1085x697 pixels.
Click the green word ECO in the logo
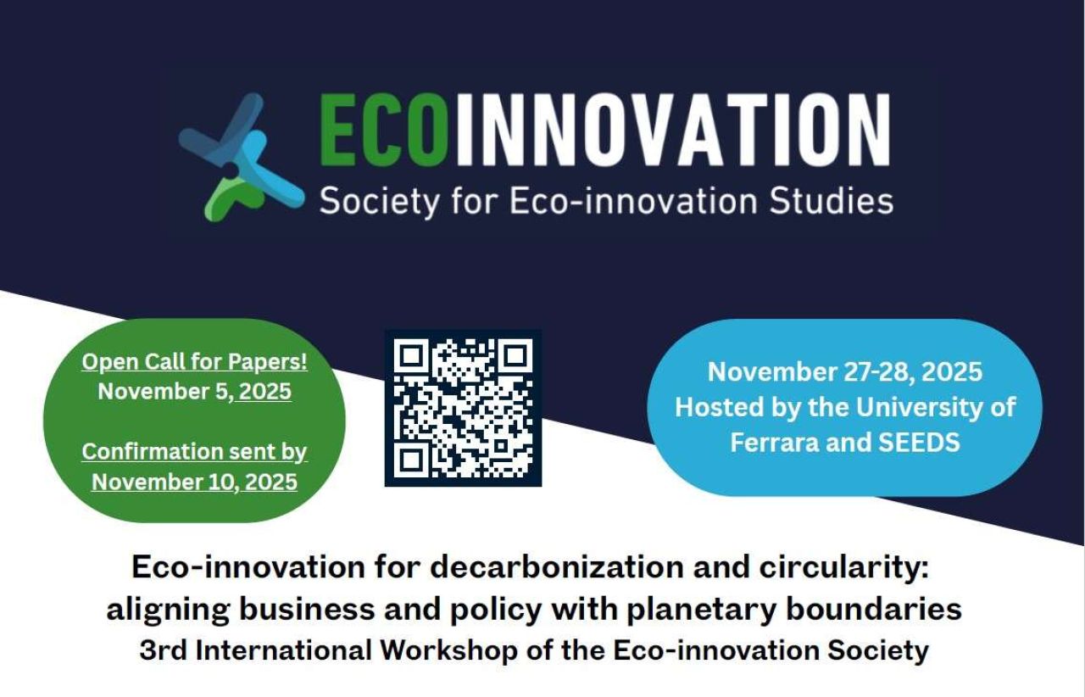(x=382, y=130)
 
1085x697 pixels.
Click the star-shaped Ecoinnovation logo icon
(x=242, y=158)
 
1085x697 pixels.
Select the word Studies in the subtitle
(x=832, y=201)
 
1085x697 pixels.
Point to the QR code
(x=463, y=408)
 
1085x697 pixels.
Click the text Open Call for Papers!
(x=194, y=361)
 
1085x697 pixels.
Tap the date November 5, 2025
(x=194, y=391)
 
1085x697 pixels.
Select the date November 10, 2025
(x=194, y=482)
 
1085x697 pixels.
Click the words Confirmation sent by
(x=194, y=452)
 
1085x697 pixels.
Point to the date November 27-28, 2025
(x=845, y=371)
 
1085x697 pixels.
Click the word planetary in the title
(x=702, y=610)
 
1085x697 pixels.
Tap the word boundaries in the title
(x=874, y=609)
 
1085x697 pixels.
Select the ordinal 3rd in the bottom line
(x=164, y=650)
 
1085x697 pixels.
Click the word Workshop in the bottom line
(x=449, y=651)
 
